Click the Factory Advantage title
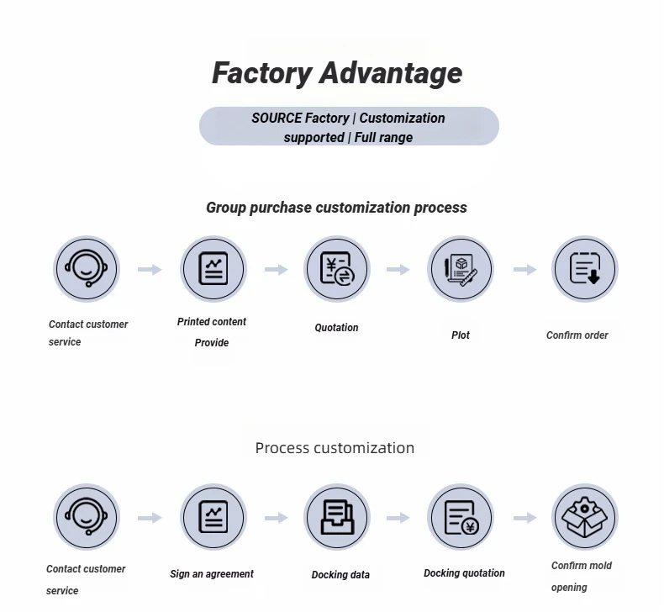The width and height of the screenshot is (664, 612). tap(336, 73)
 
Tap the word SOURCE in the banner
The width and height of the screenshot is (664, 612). tap(277, 119)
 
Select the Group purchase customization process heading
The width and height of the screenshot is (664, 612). tap(336, 208)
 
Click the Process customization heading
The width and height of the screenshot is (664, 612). tap(335, 448)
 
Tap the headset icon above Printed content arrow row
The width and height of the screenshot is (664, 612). tap(87, 269)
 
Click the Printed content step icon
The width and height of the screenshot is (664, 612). tap(213, 269)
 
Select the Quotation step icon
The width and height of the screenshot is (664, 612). tap(337, 269)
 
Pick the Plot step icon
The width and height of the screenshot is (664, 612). tap(461, 269)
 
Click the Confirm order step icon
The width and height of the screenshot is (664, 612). tap(584, 269)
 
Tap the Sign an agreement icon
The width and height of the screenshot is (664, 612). tap(213, 517)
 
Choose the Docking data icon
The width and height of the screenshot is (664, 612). tap(337, 517)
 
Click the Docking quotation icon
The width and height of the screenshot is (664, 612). tap(461, 517)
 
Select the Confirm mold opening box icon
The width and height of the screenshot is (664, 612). tap(584, 517)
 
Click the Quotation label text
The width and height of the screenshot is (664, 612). tap(336, 328)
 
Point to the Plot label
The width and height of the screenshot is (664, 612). tap(461, 335)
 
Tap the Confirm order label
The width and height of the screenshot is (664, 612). tap(577, 335)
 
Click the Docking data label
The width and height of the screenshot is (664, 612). tap(340, 575)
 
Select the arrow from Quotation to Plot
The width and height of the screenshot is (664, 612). tap(398, 270)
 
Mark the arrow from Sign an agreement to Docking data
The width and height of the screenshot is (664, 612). tap(277, 518)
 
